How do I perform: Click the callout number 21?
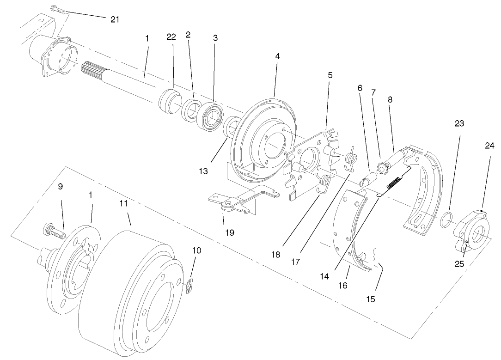[115, 19]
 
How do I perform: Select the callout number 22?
[171, 37]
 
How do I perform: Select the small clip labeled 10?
[191, 287]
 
